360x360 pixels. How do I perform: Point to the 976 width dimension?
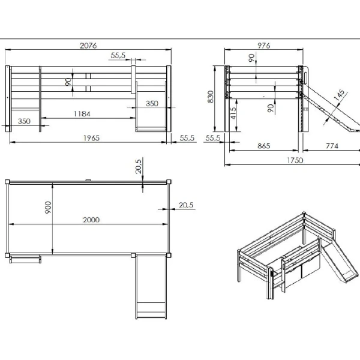(x=263, y=46)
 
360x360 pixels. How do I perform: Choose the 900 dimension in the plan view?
(x=49, y=207)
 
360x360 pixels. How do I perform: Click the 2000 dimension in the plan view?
(x=91, y=220)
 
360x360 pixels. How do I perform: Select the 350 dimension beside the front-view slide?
(x=152, y=103)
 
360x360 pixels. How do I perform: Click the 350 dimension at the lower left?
(x=24, y=121)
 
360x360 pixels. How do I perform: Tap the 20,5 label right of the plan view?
(x=186, y=205)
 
